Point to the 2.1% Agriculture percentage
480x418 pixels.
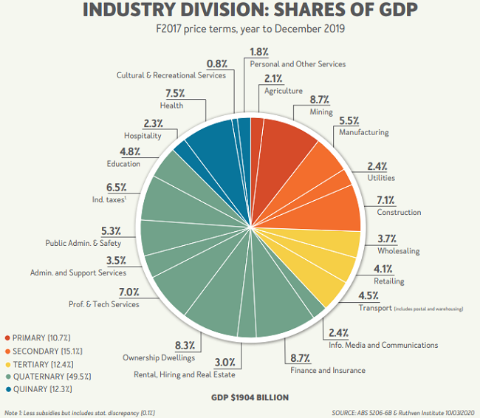click(x=272, y=79)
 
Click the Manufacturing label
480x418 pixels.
click(x=363, y=132)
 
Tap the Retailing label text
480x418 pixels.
click(x=388, y=281)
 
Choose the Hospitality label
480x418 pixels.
click(x=143, y=136)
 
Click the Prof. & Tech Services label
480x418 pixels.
click(x=104, y=304)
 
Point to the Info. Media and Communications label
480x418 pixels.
click(x=383, y=345)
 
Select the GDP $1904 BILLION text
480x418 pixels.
click(x=250, y=397)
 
